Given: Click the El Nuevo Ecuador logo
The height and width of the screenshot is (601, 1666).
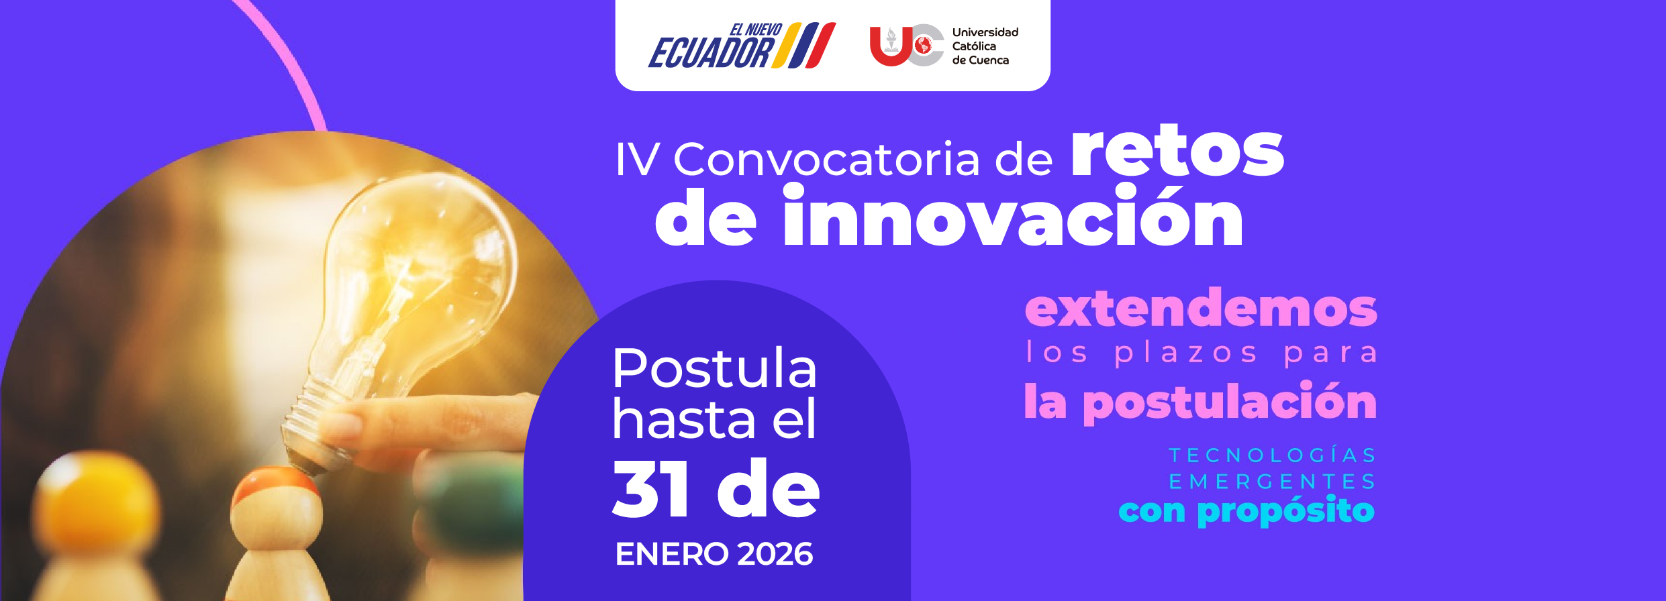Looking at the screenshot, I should pyautogui.click(x=741, y=46).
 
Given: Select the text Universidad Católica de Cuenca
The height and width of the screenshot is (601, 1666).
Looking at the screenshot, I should pyautogui.click(x=985, y=46).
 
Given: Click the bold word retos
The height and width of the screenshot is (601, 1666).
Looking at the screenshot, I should pyautogui.click(x=1177, y=153).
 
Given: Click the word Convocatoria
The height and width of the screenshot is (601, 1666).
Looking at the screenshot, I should pyautogui.click(x=826, y=160).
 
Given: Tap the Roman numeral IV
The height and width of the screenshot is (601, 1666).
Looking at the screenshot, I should pyautogui.click(x=637, y=160).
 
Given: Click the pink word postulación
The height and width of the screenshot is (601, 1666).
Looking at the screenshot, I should pyautogui.click(x=1230, y=402).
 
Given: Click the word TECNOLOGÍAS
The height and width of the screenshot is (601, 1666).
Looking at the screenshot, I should pyautogui.click(x=1272, y=455).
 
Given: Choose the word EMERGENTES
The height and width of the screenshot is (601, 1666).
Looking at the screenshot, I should pyautogui.click(x=1272, y=482).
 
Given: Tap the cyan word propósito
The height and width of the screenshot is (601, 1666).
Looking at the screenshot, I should pyautogui.click(x=1285, y=511).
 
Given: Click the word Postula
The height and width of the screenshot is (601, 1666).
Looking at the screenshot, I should pyautogui.click(x=714, y=368).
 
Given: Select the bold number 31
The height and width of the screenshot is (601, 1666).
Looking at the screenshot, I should pyautogui.click(x=650, y=489).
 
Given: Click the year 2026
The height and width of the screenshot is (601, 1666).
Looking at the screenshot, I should pyautogui.click(x=775, y=554).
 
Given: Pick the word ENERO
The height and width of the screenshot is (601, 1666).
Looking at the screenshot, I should pyautogui.click(x=672, y=554).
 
